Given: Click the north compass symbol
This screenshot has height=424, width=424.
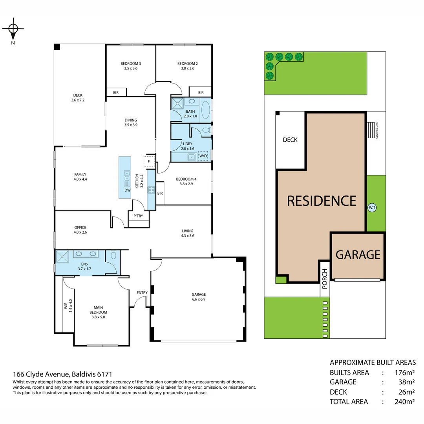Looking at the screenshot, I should [x=13, y=29].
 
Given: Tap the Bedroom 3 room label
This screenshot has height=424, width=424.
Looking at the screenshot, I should [x=131, y=64].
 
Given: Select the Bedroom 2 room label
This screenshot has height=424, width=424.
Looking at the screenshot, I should [x=187, y=64].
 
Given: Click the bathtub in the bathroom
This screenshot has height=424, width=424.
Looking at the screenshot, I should [x=206, y=110].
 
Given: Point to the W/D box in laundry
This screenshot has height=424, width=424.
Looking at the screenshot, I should [x=203, y=156].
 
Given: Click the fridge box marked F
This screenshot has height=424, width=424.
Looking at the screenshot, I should [x=149, y=161].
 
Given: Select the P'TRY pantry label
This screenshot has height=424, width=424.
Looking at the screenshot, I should [x=138, y=216].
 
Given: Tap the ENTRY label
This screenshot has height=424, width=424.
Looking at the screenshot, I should [x=142, y=293].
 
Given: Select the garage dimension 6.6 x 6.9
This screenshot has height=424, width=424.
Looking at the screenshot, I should [x=199, y=299].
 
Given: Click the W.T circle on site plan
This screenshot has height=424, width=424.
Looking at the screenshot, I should [x=372, y=207].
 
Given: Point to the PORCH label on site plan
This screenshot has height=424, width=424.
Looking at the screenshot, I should [x=324, y=279].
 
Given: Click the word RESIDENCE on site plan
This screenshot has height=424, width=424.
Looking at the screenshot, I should [x=322, y=201].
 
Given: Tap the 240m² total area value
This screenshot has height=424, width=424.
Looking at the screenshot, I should [x=405, y=401].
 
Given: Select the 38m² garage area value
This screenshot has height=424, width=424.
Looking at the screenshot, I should [x=406, y=382].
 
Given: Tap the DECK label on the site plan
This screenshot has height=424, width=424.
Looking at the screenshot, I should [x=290, y=140].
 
